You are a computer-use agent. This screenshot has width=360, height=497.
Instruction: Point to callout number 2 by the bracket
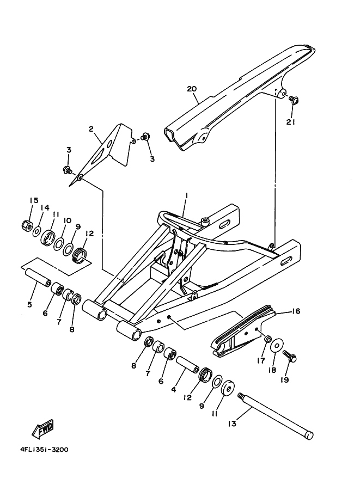point(91,129)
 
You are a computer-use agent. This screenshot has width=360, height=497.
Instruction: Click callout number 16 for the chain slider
point(296,311)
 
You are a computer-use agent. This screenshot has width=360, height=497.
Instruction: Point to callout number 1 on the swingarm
point(185,195)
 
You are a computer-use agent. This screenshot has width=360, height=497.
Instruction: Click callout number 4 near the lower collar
point(173,389)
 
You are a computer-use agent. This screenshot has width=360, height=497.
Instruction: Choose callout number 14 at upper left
point(46,207)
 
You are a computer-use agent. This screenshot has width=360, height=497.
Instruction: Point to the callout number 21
point(291,122)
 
